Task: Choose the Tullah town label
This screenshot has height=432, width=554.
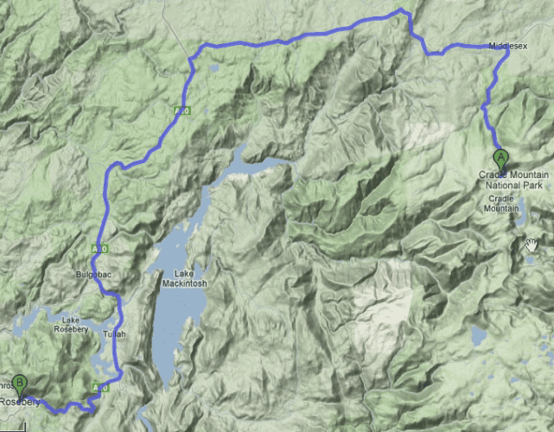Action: click(114, 334)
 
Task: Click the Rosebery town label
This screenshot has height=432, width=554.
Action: click(19, 403)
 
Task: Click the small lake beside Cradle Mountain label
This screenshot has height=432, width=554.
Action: click(520, 207)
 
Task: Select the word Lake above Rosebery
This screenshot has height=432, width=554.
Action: click(70, 318)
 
